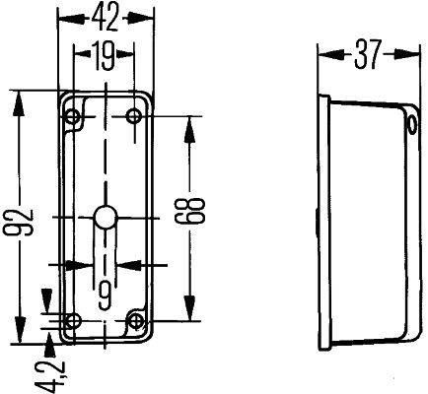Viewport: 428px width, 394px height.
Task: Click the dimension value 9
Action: coord(105,291)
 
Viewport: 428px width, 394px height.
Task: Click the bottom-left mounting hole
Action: coord(71,320)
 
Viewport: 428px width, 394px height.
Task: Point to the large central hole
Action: coord(106,219)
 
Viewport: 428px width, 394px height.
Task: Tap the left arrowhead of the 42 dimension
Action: coord(64,18)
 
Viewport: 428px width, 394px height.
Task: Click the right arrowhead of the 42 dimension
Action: coord(151,18)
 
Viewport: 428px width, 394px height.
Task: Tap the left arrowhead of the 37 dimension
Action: coord(323,56)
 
